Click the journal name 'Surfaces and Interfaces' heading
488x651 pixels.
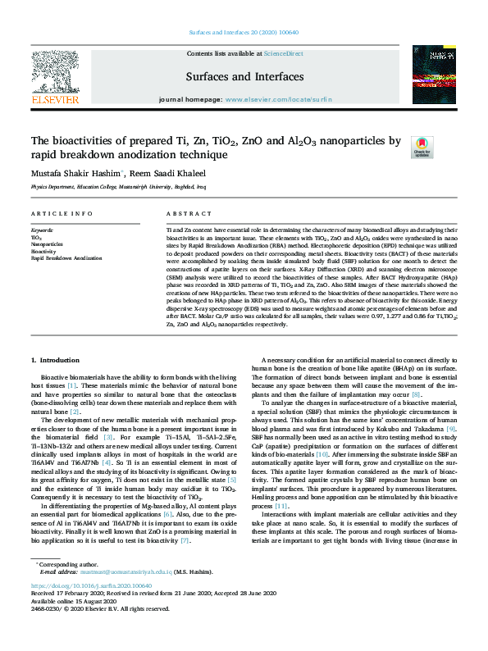(244, 77)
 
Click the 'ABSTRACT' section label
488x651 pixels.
(185, 213)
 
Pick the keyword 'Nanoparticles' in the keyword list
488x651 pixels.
(47, 244)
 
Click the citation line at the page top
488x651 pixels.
(244, 32)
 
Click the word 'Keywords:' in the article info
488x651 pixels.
(43, 231)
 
